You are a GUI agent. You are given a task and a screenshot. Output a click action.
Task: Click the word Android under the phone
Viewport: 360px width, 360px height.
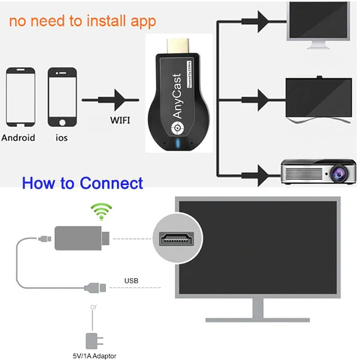pos(19,137)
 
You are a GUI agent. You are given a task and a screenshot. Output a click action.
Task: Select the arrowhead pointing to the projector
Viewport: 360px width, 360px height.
pos(262,174)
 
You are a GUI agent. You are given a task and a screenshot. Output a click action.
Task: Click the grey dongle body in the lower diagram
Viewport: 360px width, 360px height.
pos(74,238)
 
